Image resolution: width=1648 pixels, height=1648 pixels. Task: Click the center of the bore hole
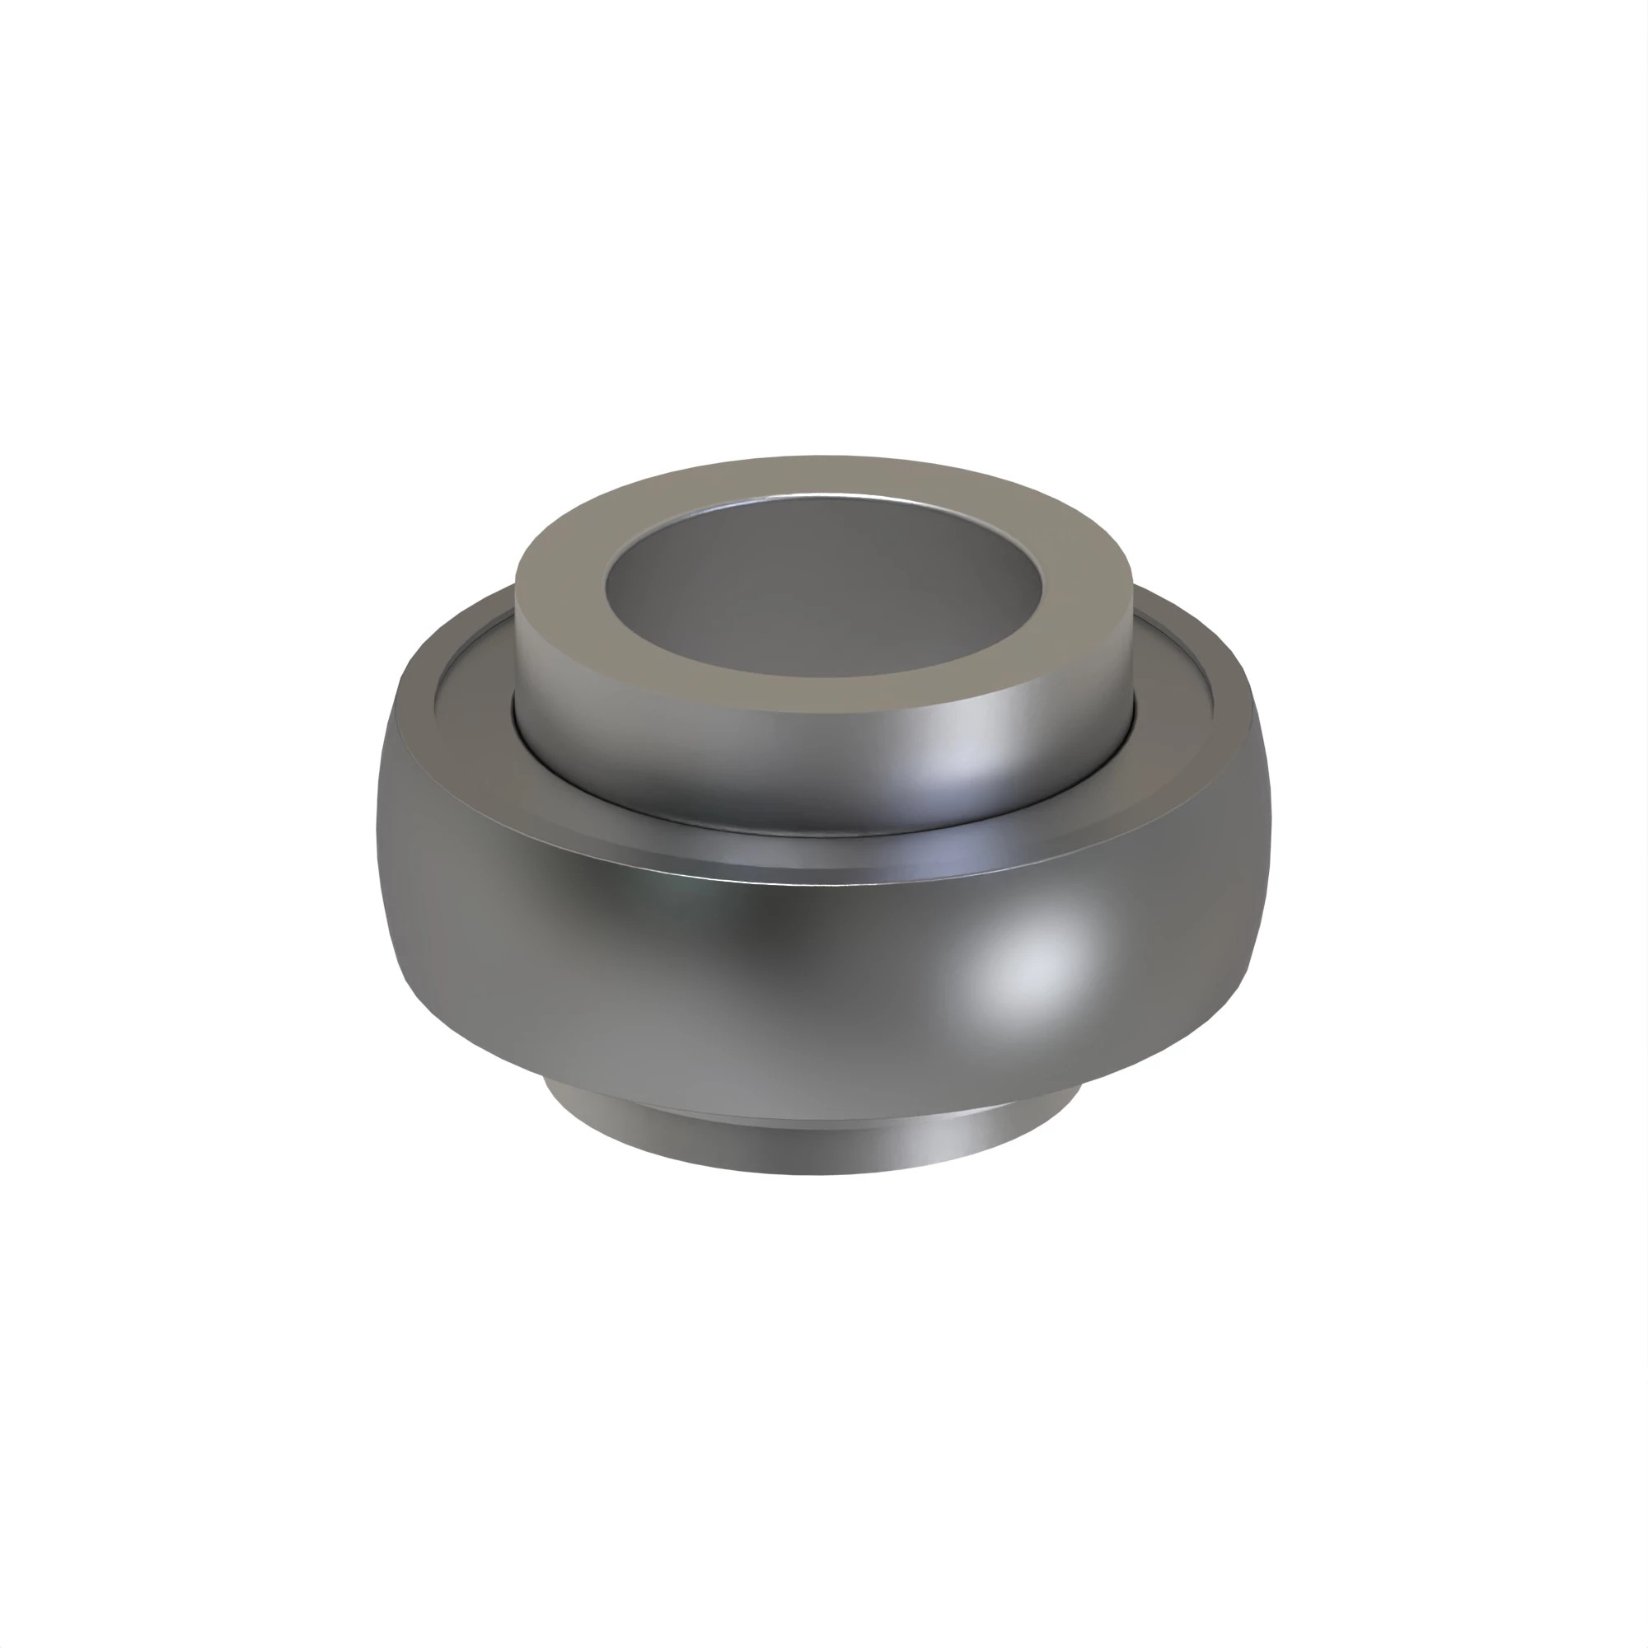[823, 588]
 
